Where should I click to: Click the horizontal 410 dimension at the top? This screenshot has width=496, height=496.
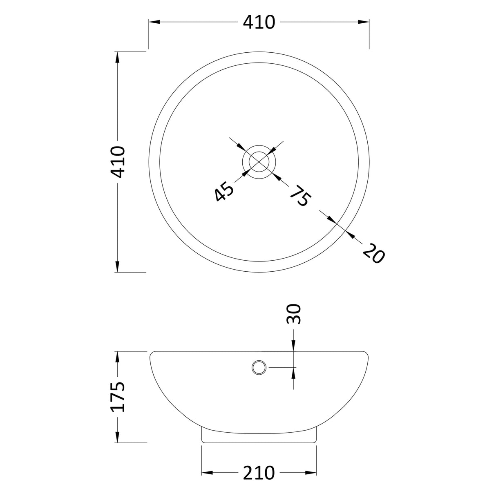coord(259,22)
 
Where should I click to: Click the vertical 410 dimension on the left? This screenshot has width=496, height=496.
coord(118,162)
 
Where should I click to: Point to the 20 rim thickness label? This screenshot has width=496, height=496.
coord(373,253)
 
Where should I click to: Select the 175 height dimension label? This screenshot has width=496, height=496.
coord(118,397)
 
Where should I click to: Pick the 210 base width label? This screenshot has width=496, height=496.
coord(259,473)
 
